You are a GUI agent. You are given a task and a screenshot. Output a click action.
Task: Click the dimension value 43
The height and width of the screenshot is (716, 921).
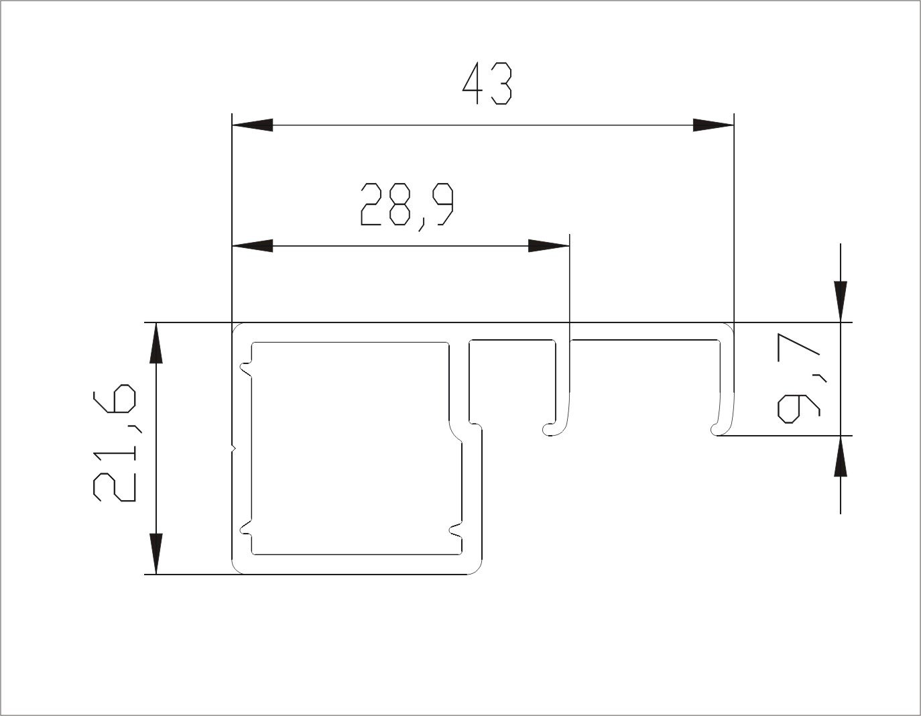point(487,84)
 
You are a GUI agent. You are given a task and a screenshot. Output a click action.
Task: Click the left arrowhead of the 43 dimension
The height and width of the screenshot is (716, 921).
point(252,125)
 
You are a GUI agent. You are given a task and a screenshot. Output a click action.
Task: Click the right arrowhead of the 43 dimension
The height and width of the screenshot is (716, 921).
point(713,125)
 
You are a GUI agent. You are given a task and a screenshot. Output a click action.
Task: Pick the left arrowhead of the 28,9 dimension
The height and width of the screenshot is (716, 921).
point(252,245)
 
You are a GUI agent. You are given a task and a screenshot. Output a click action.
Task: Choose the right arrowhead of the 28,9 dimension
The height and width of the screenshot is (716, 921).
point(548,245)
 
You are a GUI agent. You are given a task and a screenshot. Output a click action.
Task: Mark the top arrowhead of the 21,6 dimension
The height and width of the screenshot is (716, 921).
point(156,343)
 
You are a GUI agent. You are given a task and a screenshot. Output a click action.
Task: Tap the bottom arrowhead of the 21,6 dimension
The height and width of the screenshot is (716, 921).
point(156,554)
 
